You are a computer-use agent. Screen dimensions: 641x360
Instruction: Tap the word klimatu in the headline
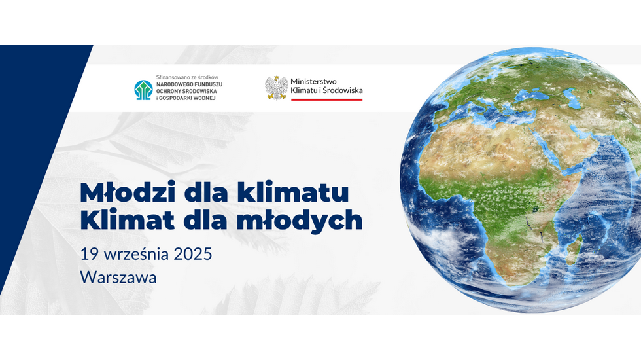293,192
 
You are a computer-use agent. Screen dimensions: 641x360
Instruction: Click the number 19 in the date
88,254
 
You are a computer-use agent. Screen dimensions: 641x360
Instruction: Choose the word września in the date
136,254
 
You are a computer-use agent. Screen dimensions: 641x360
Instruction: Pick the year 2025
193,254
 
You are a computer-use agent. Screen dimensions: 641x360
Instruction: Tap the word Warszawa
118,278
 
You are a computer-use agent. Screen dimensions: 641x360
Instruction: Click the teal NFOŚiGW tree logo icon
143,90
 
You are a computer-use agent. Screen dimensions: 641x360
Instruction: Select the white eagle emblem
276,88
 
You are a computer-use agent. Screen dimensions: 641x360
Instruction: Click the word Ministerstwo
313,81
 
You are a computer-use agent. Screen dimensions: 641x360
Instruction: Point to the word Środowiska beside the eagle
343,90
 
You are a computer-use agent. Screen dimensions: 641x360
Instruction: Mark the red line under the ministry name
326,99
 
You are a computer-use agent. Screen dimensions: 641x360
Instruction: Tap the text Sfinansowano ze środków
187,77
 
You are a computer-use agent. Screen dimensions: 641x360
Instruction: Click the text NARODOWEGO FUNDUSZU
189,84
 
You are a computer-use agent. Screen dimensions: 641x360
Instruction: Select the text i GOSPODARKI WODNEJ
186,98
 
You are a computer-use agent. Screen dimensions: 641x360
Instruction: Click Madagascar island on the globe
575,247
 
